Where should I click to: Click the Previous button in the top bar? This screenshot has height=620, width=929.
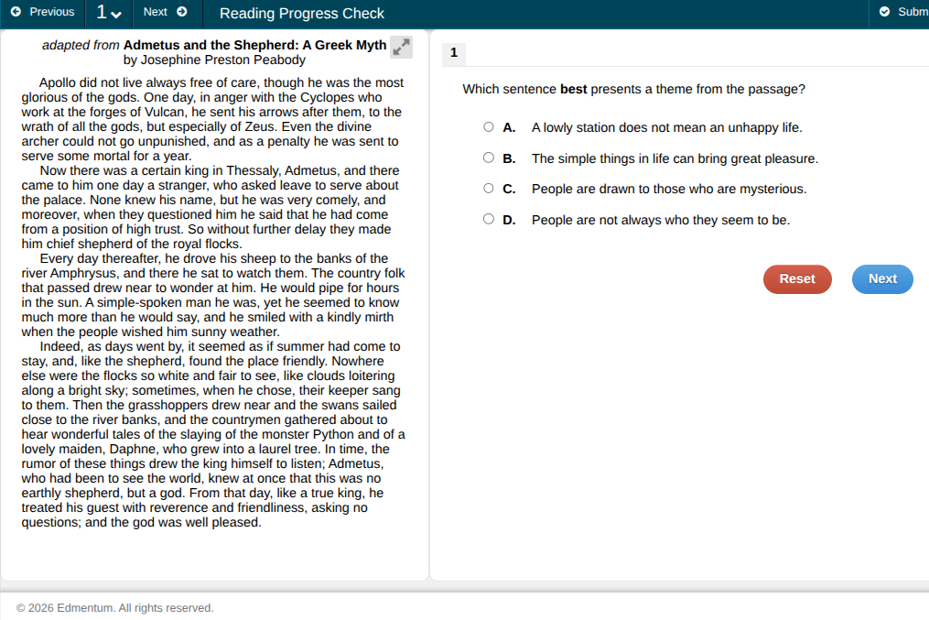point(43,12)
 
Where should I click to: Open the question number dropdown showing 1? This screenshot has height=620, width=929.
point(109,13)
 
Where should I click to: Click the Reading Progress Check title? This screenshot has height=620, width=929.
point(302,13)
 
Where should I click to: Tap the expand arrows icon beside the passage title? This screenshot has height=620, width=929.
point(401,47)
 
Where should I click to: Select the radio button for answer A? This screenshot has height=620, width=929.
point(489,127)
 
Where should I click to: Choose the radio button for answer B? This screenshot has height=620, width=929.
point(489,158)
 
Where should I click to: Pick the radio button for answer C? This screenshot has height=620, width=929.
point(489,189)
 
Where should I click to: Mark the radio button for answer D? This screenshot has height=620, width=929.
point(489,219)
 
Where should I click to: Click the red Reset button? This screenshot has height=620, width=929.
point(797,279)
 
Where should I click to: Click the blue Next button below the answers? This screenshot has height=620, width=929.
point(882,279)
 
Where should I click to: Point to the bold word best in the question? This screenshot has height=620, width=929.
point(574,90)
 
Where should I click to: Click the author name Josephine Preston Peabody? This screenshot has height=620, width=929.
point(223,60)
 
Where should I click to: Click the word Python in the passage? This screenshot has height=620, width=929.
point(332,434)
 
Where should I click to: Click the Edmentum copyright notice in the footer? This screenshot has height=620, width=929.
point(115,608)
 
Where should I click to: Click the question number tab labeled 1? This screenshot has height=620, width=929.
point(454,53)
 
